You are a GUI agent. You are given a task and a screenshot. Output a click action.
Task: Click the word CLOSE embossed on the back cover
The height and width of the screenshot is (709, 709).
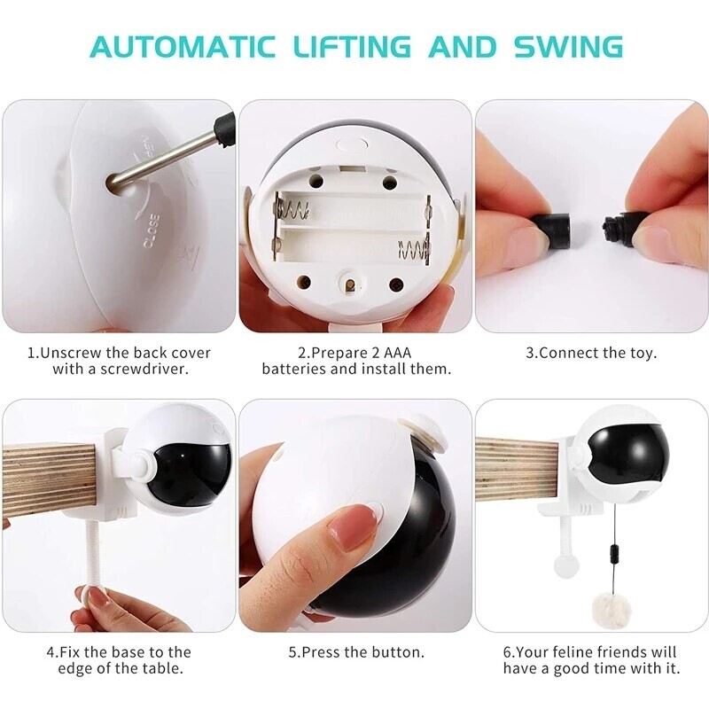tap(150, 229)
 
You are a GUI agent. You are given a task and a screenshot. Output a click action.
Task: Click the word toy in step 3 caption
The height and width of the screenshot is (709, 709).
tap(641, 352)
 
